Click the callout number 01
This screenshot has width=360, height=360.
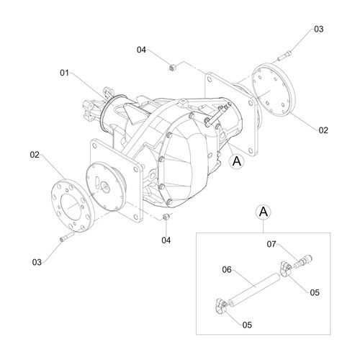click(64, 73)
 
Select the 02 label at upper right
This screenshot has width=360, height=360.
click(323, 130)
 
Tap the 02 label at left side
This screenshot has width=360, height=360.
click(35, 155)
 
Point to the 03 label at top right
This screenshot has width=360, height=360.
click(319, 29)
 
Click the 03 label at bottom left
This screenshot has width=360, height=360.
click(37, 262)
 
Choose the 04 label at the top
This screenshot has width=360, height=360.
click(141, 50)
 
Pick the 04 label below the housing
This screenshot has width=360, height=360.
click(166, 240)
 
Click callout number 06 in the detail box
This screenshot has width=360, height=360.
click(227, 270)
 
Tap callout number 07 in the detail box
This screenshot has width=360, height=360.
click(271, 244)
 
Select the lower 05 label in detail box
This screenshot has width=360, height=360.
click(247, 325)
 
